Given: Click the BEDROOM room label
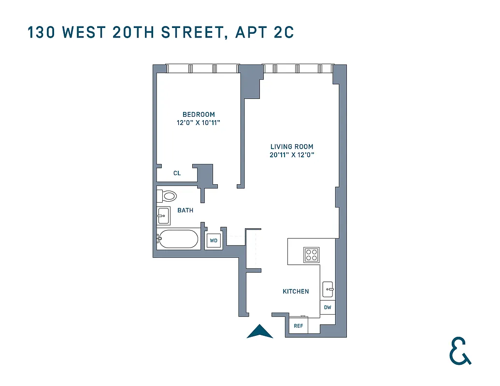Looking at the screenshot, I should (199, 114).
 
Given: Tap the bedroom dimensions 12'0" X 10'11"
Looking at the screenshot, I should (199, 123).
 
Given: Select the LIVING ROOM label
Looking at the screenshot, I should (292, 147).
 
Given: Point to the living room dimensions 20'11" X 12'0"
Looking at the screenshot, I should (292, 155).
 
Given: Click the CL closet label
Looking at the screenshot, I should (177, 173).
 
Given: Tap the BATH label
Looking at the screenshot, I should (185, 210).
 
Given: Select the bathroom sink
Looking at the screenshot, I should (164, 216).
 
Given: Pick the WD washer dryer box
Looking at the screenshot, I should (214, 240).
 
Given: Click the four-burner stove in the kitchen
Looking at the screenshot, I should (311, 255).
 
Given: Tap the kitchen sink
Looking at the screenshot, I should (328, 289).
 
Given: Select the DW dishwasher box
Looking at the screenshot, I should (328, 307).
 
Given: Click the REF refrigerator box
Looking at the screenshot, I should (299, 326).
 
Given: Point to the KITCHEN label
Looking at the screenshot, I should (296, 291).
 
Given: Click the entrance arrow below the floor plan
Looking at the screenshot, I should (260, 331).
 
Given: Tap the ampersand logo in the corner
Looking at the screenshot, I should (459, 351).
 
